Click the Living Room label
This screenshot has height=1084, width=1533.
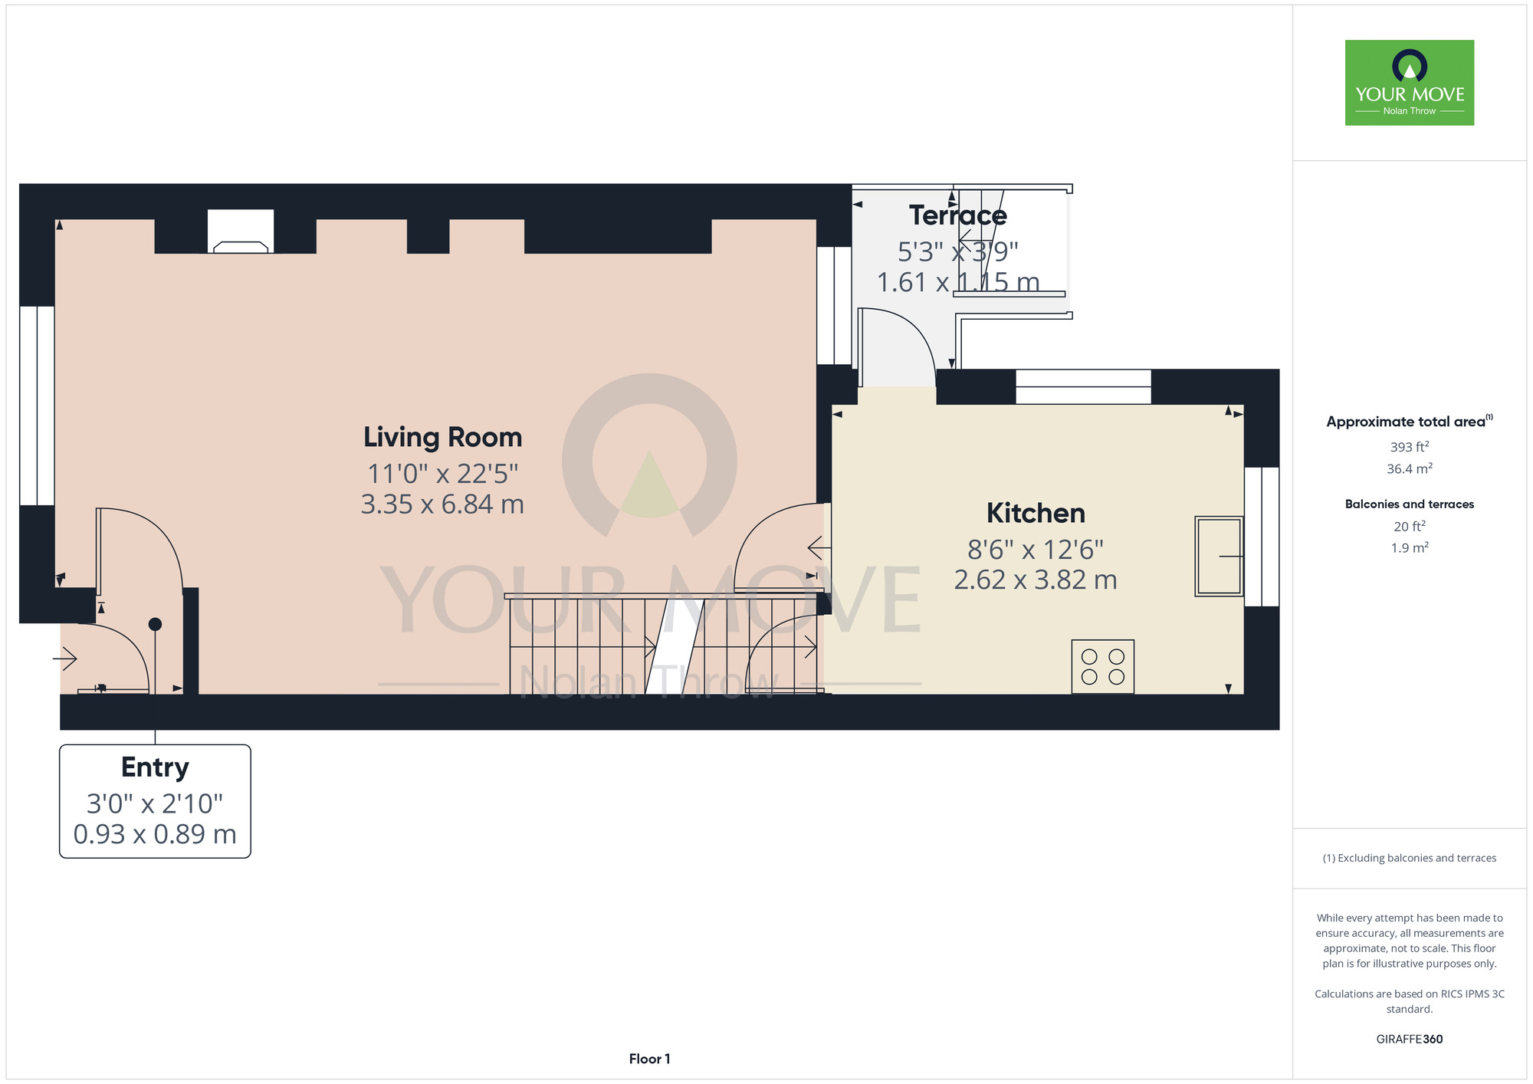pyautogui.click(x=443, y=437)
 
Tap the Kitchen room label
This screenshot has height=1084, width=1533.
pyautogui.click(x=1036, y=513)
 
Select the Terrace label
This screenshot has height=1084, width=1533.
pyautogui.click(x=958, y=215)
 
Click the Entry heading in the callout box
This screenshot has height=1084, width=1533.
pyautogui.click(x=155, y=767)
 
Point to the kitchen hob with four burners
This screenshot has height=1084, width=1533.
pyautogui.click(x=1103, y=667)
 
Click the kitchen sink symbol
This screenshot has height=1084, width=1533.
pyautogui.click(x=1219, y=556)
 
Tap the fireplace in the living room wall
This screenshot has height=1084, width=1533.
pyautogui.click(x=241, y=231)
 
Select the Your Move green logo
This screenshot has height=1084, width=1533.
pyautogui.click(x=1410, y=83)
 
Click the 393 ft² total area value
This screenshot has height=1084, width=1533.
pyautogui.click(x=1410, y=447)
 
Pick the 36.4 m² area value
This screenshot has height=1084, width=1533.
pyautogui.click(x=1410, y=468)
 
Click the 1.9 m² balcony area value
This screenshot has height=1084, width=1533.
pyautogui.click(x=1410, y=547)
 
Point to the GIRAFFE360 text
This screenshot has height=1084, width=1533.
pyautogui.click(x=1410, y=1040)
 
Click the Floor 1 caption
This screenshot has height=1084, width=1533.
pyautogui.click(x=649, y=1059)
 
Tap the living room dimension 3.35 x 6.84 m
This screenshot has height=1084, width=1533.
pyautogui.click(x=442, y=504)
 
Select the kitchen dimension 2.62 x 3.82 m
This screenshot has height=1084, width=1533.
pyautogui.click(x=1036, y=580)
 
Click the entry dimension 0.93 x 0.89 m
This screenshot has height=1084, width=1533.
pyautogui.click(x=155, y=834)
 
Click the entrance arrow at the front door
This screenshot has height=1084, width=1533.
pyautogui.click(x=65, y=659)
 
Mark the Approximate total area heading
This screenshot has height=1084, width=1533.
pyautogui.click(x=1410, y=421)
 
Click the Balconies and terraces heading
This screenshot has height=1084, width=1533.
pyautogui.click(x=1410, y=504)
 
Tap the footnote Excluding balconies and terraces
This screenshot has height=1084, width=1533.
pyautogui.click(x=1410, y=858)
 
